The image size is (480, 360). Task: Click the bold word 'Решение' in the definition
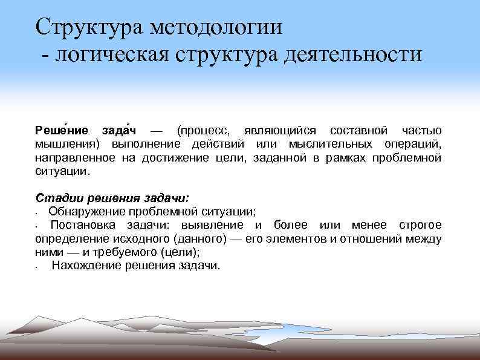[x=61, y=131]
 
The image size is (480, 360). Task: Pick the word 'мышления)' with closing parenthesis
[x=69, y=144]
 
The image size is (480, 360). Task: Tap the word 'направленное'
[x=74, y=157]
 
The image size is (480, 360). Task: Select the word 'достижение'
[x=175, y=157]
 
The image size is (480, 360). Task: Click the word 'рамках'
[x=338, y=157]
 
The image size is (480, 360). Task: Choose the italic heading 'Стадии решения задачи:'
[x=112, y=198]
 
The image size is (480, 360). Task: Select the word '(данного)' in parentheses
[x=200, y=238]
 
